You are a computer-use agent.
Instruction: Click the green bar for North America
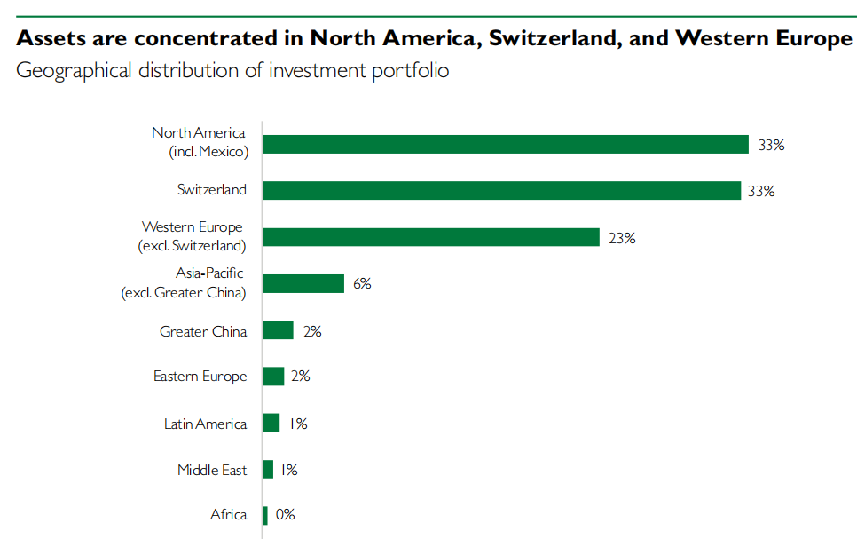(x=506, y=145)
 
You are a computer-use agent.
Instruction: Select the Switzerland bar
(x=502, y=190)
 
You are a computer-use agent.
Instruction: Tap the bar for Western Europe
(x=431, y=237)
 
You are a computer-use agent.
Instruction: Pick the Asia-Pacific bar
(x=303, y=283)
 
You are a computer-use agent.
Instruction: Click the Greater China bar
(x=279, y=330)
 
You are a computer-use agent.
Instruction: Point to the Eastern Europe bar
(x=273, y=377)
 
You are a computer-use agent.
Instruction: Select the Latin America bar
(x=271, y=423)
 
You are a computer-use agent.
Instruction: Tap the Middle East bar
(x=268, y=470)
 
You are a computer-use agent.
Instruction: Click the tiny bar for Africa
(x=265, y=516)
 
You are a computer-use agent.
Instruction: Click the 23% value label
(x=622, y=238)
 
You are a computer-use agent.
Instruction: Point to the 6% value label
(x=362, y=283)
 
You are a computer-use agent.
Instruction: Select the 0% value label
(x=286, y=514)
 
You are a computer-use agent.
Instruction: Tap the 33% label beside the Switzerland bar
(x=761, y=191)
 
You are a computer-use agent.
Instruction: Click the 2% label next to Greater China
(x=312, y=331)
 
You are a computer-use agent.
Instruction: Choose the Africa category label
(x=229, y=514)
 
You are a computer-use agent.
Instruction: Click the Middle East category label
(x=212, y=470)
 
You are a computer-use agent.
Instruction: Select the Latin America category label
(x=206, y=424)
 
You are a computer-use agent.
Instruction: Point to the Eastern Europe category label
(x=200, y=377)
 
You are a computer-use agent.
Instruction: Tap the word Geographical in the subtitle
(x=74, y=71)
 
